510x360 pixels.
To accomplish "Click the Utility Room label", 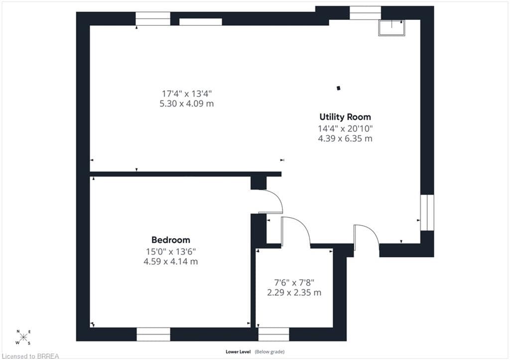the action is point(345,117).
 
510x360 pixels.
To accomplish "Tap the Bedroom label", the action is point(171,240).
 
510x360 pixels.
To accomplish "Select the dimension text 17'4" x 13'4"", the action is point(187,94).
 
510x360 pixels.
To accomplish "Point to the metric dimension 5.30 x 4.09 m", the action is point(187,104).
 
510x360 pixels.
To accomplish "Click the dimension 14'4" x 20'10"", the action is point(345,128).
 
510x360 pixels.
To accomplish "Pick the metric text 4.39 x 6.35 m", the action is point(345,138).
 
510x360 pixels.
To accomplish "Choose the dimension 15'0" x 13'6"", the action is point(171,251).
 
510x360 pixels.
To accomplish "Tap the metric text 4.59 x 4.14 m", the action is point(171,261).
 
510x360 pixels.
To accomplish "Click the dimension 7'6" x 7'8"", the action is point(294,282).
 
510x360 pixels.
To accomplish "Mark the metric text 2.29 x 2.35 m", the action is point(294,292).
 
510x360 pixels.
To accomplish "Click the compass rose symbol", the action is point(23,337).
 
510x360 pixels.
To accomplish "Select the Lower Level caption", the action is point(238,352).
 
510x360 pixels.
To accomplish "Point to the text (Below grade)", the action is point(269,352).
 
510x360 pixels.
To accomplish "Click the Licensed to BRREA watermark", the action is point(29,356).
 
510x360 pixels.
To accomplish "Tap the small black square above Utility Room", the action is point(339,88).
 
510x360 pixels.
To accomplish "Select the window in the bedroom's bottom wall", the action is point(153,334).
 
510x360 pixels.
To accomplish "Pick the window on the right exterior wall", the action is point(427,213).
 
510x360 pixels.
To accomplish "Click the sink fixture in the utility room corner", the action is point(391,28).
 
